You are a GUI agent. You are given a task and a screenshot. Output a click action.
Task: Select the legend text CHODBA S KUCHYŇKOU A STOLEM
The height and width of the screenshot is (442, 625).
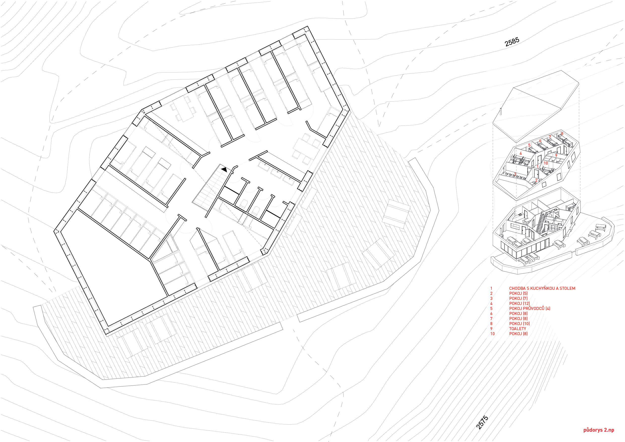(x=542, y=288)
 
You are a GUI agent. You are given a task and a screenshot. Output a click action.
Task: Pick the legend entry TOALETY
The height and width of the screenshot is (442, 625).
(x=517, y=329)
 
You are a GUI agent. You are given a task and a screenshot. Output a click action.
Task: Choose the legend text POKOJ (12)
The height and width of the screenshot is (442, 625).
(x=519, y=304)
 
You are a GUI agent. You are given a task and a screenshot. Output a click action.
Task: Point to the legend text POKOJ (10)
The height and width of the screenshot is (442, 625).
(x=519, y=324)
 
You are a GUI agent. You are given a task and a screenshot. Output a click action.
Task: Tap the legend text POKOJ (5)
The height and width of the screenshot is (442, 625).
(x=518, y=294)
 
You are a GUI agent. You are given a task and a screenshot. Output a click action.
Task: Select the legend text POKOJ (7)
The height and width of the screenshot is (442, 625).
(x=518, y=298)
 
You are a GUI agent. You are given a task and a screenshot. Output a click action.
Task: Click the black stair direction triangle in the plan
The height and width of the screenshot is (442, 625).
(x=224, y=169)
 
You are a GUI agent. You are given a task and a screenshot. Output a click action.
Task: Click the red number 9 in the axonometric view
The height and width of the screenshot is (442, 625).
(x=556, y=155)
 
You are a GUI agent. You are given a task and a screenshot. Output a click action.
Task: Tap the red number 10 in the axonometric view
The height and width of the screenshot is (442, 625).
(x=546, y=163)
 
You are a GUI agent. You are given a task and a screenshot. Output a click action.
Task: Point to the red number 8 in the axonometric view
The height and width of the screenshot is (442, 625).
(x=562, y=134)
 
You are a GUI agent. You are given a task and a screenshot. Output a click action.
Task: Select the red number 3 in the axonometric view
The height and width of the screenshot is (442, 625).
(x=515, y=174)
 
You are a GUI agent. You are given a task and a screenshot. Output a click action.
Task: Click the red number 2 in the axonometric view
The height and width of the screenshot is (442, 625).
(x=536, y=180)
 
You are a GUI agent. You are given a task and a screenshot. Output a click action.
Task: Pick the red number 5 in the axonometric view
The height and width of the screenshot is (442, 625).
(x=529, y=145)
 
